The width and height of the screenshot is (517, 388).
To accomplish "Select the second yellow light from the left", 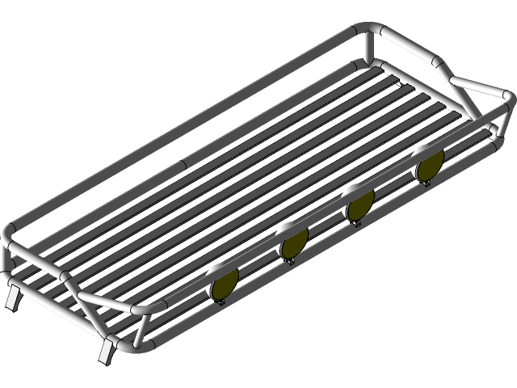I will click(x=292, y=242).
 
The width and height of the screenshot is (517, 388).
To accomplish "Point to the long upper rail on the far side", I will click(x=186, y=133).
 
